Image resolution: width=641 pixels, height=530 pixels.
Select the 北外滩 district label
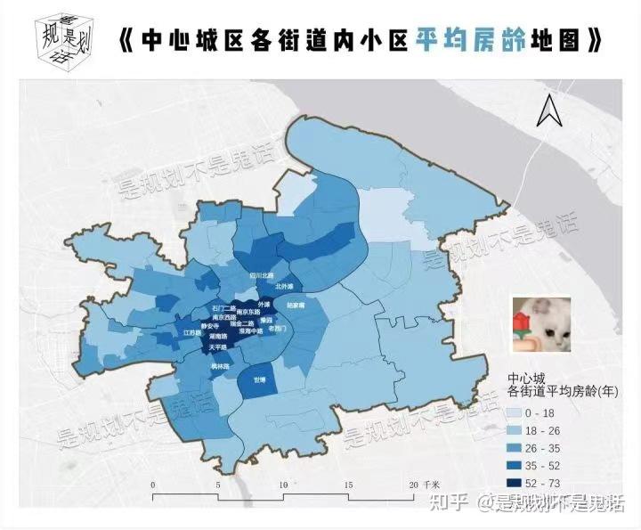285,287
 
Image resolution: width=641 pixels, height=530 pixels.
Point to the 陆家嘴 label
296,305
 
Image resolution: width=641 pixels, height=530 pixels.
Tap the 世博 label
258,379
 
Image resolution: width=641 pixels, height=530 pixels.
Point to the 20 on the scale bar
412,484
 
